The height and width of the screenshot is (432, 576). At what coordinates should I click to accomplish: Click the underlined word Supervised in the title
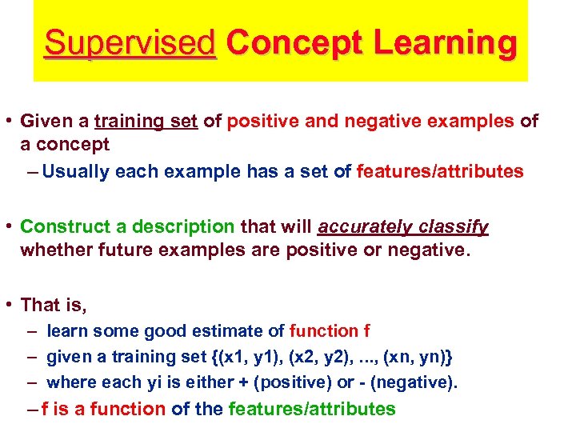(130, 42)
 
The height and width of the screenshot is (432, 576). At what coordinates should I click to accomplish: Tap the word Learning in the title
(447, 42)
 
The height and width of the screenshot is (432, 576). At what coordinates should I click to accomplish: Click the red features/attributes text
(440, 170)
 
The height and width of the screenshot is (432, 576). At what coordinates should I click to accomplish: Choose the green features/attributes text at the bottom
(312, 409)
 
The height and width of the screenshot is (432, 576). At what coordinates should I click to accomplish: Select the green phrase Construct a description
(127, 227)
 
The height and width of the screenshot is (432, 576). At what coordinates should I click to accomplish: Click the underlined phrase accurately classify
(402, 227)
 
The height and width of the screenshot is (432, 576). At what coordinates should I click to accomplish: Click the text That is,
(53, 305)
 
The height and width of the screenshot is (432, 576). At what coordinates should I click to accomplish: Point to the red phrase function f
(330, 331)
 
